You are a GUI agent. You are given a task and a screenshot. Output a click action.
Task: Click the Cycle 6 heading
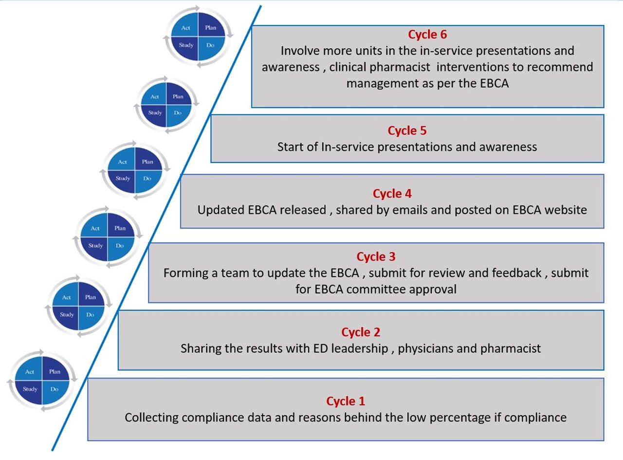pos(427,35)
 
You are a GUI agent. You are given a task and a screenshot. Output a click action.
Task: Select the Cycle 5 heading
pos(407,131)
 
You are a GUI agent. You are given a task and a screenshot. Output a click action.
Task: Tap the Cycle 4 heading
pos(392,193)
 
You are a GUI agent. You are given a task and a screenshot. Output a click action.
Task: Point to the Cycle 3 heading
pos(376,256)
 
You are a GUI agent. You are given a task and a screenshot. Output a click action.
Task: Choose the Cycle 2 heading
pos(361,332)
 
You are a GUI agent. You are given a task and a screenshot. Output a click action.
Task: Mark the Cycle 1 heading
pos(345,401)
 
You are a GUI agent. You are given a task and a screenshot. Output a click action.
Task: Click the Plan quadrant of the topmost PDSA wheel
pos(211,28)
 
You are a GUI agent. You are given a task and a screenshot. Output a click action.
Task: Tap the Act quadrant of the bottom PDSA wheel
pos(30,372)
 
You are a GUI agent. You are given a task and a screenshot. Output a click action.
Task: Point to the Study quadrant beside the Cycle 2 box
pos(67,315)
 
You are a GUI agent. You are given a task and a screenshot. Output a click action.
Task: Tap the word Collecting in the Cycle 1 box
pos(150,418)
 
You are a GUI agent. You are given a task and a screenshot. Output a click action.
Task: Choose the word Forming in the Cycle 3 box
pos(183,273)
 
